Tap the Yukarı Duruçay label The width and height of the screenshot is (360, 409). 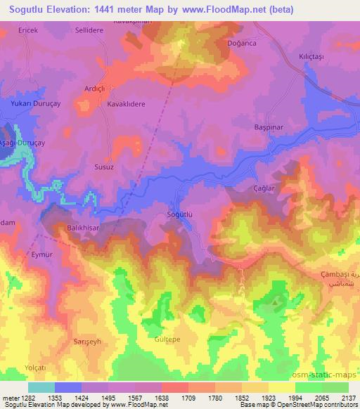[x=34, y=103]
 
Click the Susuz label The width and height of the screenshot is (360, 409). [x=104, y=169]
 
